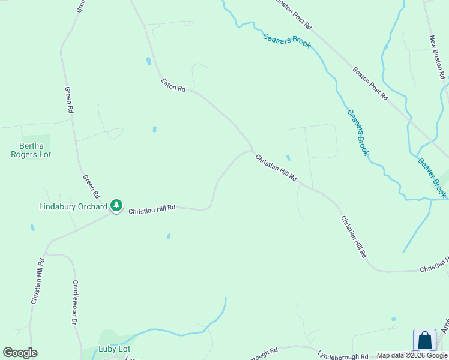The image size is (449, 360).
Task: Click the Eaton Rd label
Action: click(173, 85)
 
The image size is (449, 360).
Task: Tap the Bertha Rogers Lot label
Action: click(35, 150)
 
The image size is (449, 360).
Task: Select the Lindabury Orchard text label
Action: click(73, 206)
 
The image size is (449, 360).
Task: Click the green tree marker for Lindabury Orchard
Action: click(116, 206)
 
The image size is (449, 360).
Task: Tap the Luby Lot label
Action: click(114, 349)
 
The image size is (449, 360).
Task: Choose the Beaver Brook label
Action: click(432, 178)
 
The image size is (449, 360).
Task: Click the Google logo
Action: click(20, 352)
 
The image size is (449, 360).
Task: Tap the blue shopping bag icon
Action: click(424, 340)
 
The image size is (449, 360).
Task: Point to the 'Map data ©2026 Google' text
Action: click(412, 355)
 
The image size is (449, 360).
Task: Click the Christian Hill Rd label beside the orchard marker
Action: click(152, 209)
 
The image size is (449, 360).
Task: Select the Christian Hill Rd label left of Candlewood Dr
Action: click(37, 280)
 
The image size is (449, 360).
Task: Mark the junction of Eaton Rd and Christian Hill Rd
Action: click(252, 150)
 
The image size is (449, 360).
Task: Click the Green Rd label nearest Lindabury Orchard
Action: click(91, 187)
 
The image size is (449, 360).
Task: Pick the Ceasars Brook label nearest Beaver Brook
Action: click(357, 133)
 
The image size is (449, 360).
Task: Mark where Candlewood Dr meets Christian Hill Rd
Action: click(46, 254)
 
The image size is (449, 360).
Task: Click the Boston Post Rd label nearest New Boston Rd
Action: click(370, 83)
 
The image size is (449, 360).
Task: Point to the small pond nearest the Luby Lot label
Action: click(169, 236)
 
